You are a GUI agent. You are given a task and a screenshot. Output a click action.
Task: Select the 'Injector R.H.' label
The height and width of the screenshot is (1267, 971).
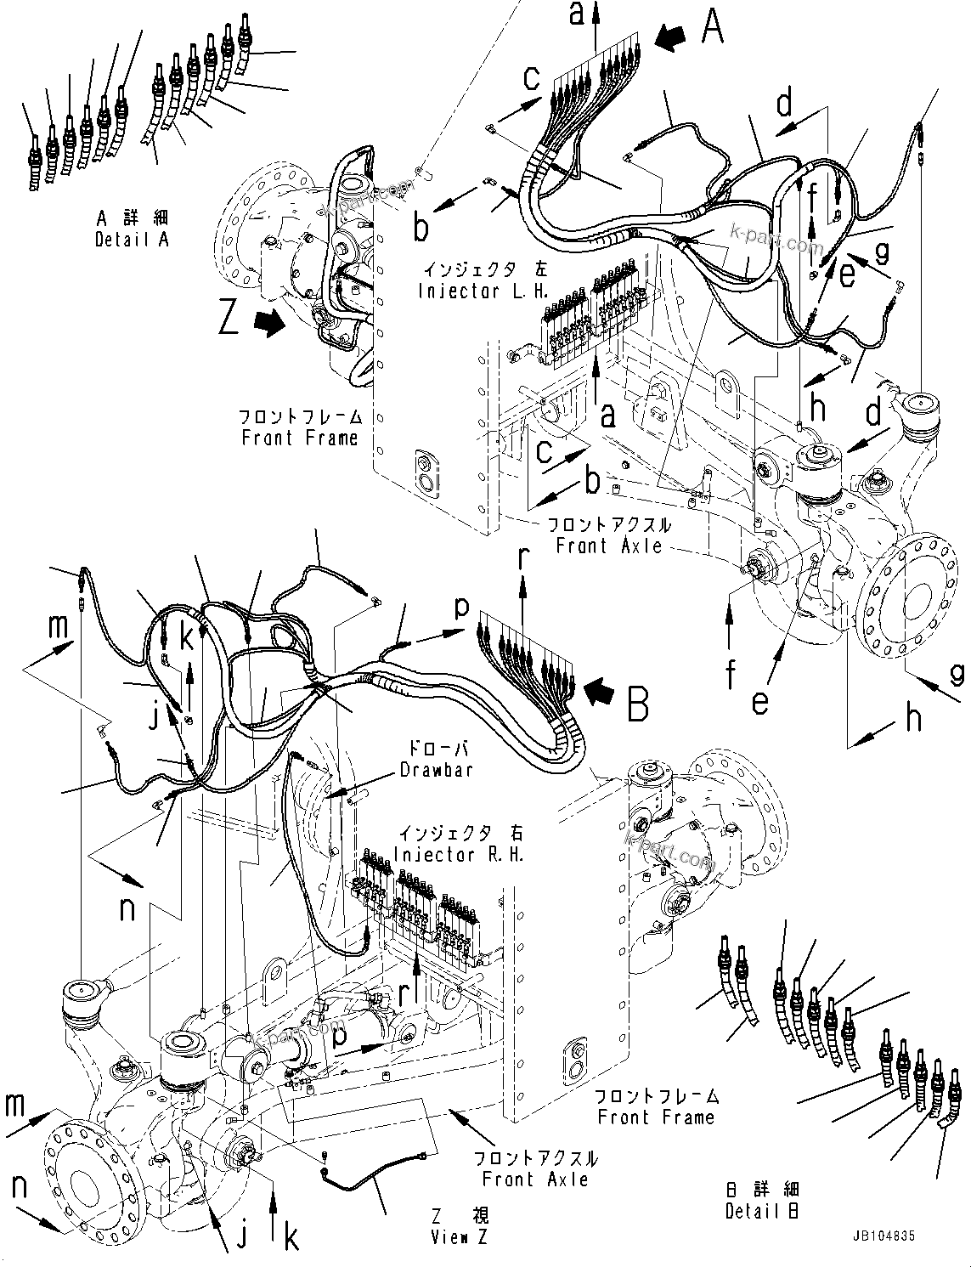coord(461,854)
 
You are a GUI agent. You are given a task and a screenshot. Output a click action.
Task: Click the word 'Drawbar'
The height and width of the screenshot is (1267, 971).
coord(436,770)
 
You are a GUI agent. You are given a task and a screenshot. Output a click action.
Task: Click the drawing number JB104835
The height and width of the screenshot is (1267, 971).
coord(881,1236)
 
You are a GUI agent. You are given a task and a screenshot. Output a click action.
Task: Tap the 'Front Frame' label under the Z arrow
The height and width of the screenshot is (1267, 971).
coord(300,438)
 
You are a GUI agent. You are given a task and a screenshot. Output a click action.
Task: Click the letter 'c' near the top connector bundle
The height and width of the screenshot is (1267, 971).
coord(531,79)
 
